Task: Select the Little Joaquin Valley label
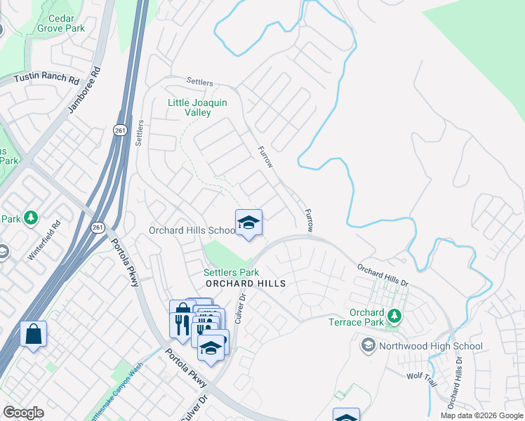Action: pos(197,107)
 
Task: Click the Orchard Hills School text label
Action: pos(192,230)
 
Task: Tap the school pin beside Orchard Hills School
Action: pos(248,223)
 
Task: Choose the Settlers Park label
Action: pos(231,272)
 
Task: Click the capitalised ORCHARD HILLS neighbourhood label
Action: pos(246,283)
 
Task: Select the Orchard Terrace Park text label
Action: pos(366,317)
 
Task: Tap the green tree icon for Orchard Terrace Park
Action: pos(394,316)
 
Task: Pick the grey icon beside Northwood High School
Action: pos(368,345)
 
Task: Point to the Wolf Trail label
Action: pos(422,376)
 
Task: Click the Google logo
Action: pos(23,412)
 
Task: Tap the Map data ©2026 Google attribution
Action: pos(481,415)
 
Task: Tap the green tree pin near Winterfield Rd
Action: pos(30,218)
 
